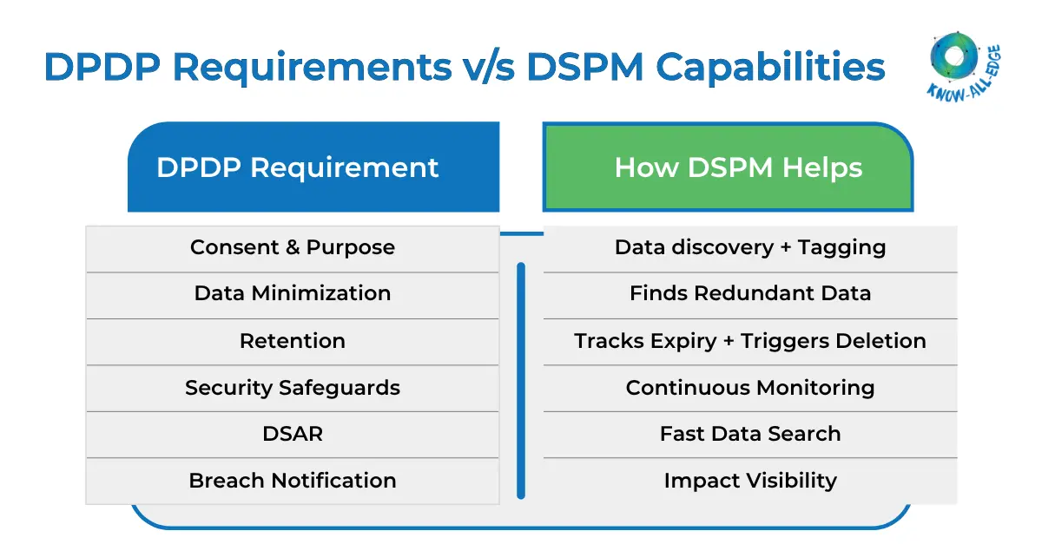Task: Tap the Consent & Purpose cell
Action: click(x=293, y=248)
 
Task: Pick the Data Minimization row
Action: click(x=293, y=294)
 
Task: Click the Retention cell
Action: click(x=293, y=341)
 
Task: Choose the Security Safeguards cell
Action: click(x=293, y=388)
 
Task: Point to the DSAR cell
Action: click(x=293, y=434)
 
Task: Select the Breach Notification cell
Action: click(x=293, y=481)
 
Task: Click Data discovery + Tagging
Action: click(x=750, y=248)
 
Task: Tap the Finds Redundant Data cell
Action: click(x=750, y=294)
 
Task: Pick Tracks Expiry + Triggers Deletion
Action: click(x=750, y=341)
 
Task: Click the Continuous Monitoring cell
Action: click(x=750, y=388)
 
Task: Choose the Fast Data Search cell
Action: click(x=750, y=434)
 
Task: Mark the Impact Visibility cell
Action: click(x=750, y=481)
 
